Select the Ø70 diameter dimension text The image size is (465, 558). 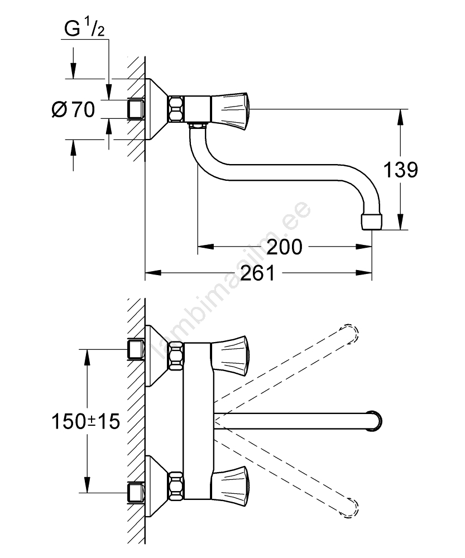(73, 109)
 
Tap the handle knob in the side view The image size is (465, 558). (231, 109)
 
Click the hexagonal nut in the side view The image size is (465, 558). (177, 109)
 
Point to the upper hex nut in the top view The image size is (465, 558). (177, 355)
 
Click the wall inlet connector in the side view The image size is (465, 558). (136, 109)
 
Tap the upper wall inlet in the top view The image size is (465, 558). (136, 350)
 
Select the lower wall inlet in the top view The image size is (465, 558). (136, 492)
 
